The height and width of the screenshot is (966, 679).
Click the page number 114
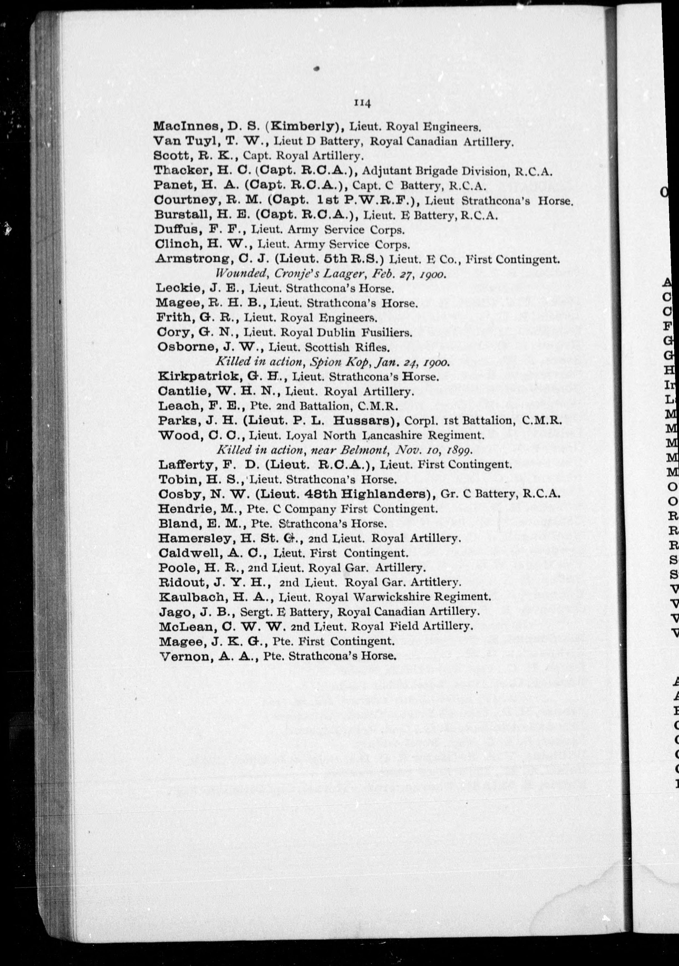pos(362,103)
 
